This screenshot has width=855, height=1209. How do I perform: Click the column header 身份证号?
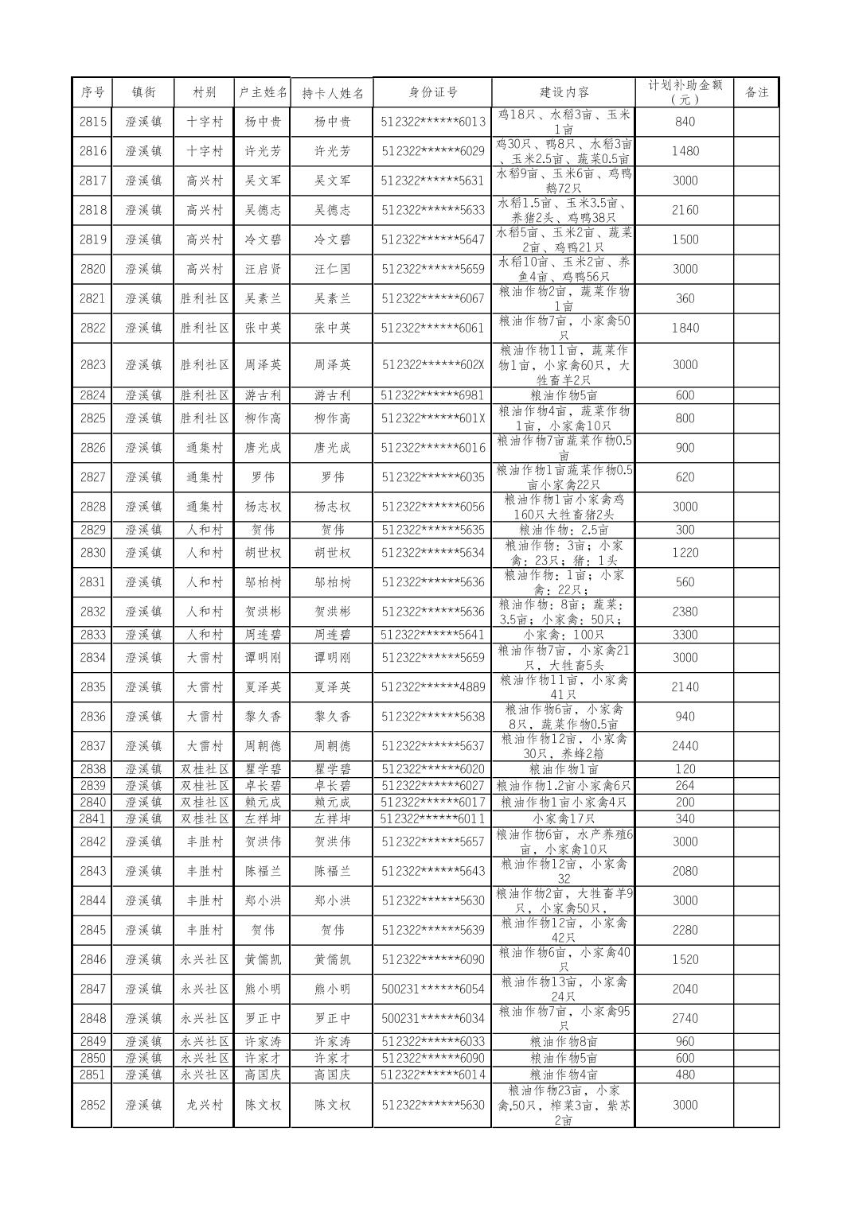432,92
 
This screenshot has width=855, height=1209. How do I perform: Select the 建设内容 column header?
564,92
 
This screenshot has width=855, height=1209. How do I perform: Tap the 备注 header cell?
755,92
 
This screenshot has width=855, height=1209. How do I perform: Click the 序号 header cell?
92,92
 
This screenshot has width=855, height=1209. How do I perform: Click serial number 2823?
92,365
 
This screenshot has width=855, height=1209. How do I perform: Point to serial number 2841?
92,818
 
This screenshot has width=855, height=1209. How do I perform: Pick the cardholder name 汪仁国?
332,269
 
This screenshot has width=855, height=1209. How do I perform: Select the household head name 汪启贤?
262,269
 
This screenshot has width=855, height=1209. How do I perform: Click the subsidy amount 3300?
685,635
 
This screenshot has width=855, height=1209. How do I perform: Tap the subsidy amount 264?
685,785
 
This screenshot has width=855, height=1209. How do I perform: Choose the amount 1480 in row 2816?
685,151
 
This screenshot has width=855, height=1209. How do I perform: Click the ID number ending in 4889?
432,687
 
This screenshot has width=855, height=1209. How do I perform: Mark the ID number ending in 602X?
432,365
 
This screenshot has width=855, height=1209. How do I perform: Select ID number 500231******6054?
432,989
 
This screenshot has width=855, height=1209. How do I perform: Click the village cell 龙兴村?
204,1105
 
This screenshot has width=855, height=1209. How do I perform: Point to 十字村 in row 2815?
204,122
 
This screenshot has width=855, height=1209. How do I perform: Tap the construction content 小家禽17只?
564,818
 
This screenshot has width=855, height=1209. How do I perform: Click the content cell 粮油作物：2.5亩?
564,530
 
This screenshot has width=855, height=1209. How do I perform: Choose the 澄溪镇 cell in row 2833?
143,635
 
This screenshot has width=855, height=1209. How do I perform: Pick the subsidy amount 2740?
685,1018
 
